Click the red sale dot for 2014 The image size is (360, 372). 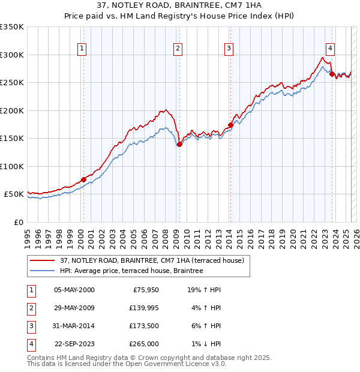click(230, 125)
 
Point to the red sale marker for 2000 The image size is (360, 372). click(83, 179)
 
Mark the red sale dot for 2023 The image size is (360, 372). click(332, 74)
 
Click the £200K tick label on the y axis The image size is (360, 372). click(12, 110)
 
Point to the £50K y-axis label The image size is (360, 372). click(14, 194)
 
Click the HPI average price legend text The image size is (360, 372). click(131, 271)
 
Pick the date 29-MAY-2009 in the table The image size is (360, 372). click(74, 308)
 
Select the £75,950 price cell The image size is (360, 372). click(144, 290)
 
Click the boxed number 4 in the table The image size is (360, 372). click(30, 344)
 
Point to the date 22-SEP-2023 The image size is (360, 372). click(74, 344)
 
